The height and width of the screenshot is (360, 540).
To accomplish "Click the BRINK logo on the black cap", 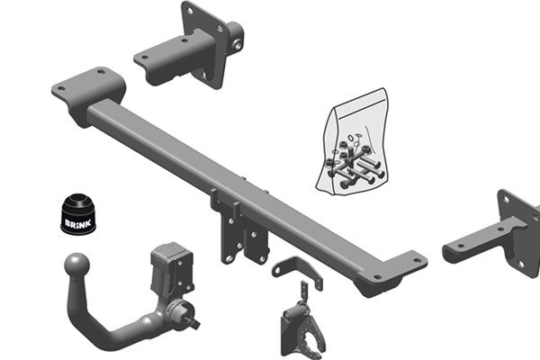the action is tap(78, 223).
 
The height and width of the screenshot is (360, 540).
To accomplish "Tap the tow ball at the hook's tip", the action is tap(76, 265).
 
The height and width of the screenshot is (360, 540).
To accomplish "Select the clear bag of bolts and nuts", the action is tap(352, 142).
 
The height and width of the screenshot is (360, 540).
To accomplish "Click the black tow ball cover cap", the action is tap(78, 214).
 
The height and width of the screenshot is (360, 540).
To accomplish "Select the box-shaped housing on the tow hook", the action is tap(172, 269).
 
